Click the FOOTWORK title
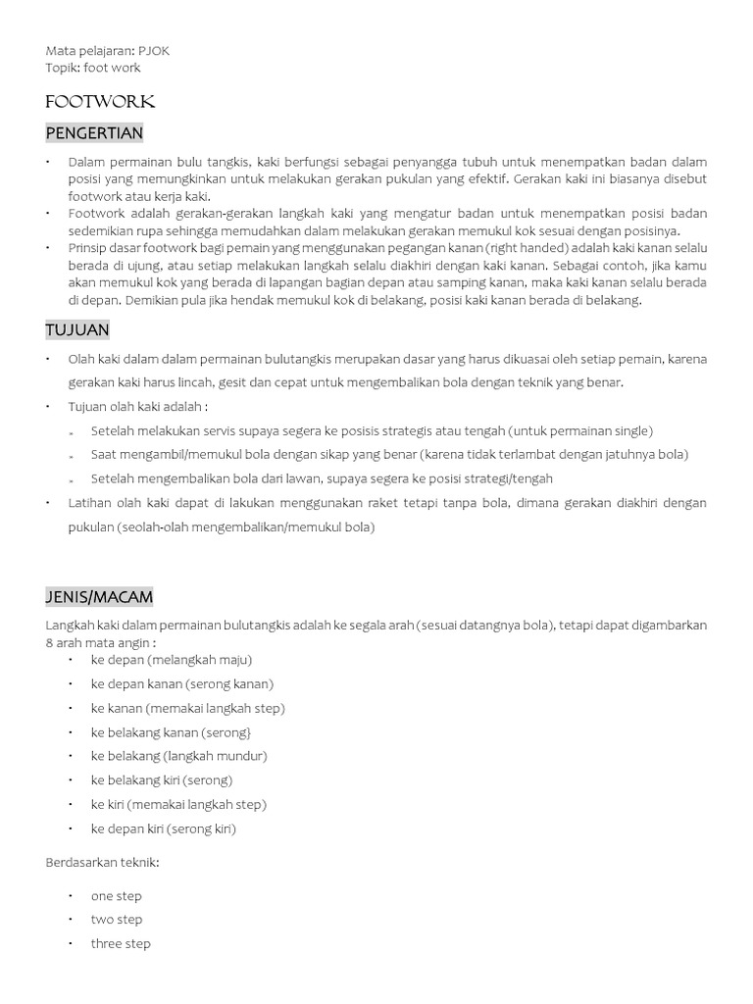pos(100,102)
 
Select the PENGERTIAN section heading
pos(94,132)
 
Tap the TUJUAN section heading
pos(77,329)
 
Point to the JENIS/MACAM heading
pos(99,596)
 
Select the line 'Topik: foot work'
pos(92,68)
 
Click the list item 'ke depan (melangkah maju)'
pos(171,660)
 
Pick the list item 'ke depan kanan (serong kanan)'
pos(181,683)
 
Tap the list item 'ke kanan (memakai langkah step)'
pos(187,708)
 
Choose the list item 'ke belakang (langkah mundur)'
pos(178,756)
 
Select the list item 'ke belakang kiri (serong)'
pos(175,780)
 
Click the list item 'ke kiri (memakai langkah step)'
pos(178,804)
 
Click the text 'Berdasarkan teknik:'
pos(102,862)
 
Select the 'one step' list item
pos(116,896)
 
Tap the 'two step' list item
pos(116,920)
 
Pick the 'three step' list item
pos(121,944)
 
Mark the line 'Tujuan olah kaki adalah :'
pos(138,407)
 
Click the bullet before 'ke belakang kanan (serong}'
pos(72,732)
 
